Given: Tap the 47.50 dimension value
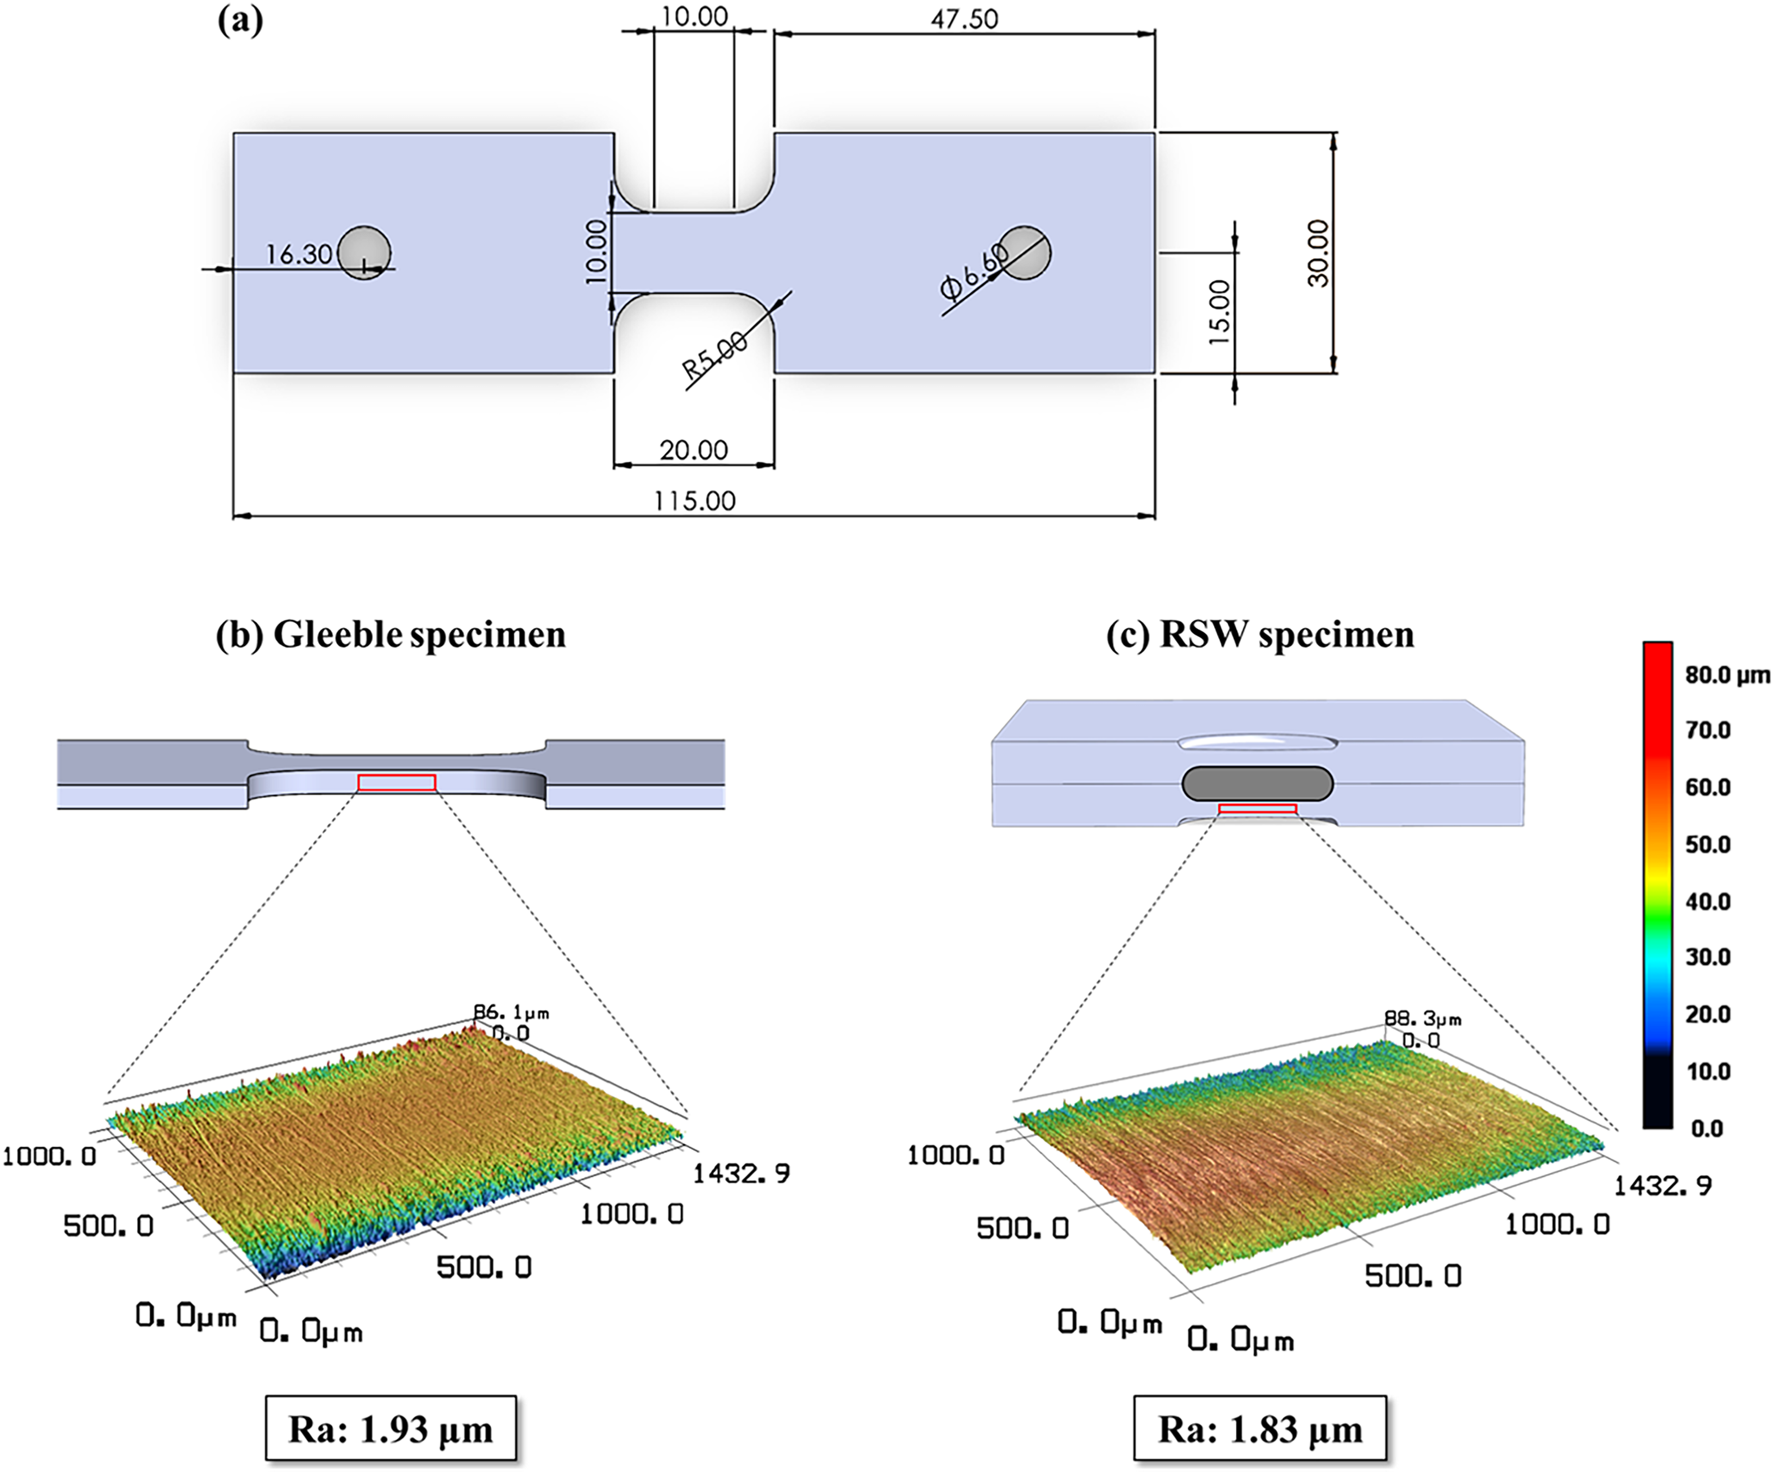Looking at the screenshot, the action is click(965, 18).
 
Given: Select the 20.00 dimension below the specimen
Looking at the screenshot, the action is click(694, 450).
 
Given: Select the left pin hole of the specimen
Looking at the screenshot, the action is click(364, 252).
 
